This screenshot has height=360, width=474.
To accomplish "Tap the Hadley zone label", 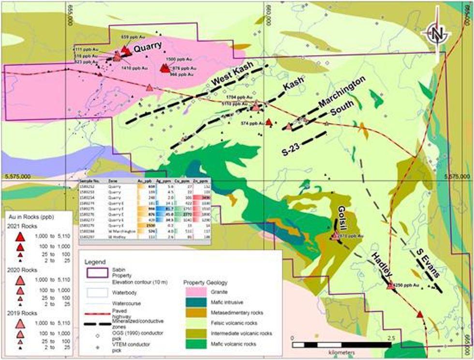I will coord(382,263).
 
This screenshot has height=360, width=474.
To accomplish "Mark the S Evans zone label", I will coord(429,263).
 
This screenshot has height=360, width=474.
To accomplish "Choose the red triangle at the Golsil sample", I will coord(336,236).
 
